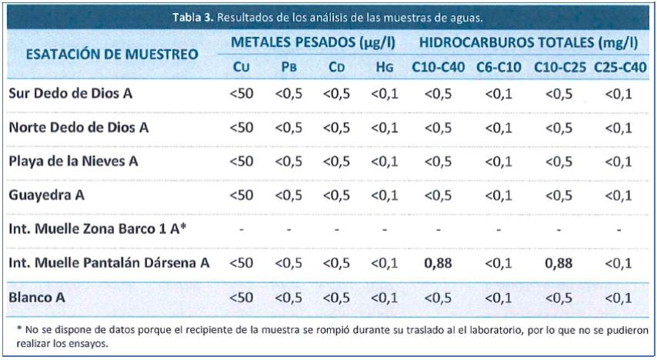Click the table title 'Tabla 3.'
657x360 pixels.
pyautogui.click(x=194, y=18)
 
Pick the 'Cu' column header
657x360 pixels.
pyautogui.click(x=241, y=68)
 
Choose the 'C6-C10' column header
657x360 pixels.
pyautogui.click(x=498, y=68)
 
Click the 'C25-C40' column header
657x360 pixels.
pyautogui.click(x=619, y=68)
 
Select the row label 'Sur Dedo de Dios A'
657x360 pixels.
pyautogui.click(x=71, y=93)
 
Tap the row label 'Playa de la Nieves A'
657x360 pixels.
pyautogui.click(x=74, y=161)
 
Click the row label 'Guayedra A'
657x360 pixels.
pyautogui.click(x=46, y=195)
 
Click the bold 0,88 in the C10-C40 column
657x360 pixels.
pyautogui.click(x=438, y=262)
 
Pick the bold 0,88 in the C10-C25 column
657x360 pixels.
pyautogui.click(x=559, y=262)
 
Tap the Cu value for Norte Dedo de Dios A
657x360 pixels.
pyautogui.click(x=241, y=127)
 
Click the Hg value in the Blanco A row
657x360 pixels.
pyautogui.click(x=385, y=296)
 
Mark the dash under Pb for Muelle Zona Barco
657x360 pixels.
pyautogui.click(x=288, y=228)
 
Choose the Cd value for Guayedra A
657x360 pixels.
pyautogui.click(x=336, y=195)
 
